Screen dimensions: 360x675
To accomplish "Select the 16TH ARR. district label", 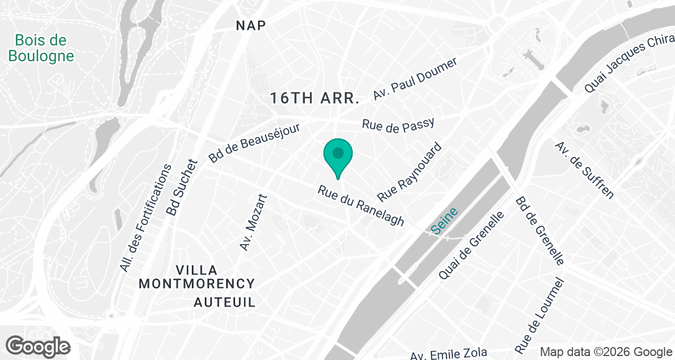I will [x=314, y=98].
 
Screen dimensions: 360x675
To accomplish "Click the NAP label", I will [x=251, y=25].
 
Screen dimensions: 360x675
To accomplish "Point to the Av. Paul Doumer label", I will [x=417, y=78].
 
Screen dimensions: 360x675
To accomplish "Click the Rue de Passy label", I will [x=399, y=126].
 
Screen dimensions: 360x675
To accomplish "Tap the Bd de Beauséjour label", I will [x=255, y=143].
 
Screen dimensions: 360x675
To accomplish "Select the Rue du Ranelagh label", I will [x=361, y=206].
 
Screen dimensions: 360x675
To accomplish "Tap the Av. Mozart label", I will [x=253, y=222].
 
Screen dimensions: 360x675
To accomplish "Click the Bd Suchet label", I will [x=182, y=188].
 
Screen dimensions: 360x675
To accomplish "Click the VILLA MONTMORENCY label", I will [x=196, y=277].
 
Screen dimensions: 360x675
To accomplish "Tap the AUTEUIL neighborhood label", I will [x=225, y=302].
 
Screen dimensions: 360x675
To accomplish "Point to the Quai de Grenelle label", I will [x=470, y=245].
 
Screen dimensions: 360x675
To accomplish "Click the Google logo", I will [x=39, y=346].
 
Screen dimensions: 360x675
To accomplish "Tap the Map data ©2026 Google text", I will [x=606, y=352].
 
